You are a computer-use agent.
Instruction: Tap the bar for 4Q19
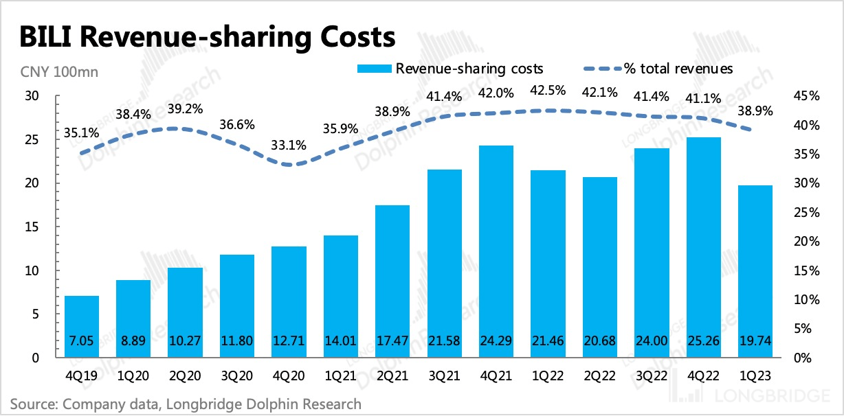click(82, 327)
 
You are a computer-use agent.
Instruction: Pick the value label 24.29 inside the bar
click(497, 341)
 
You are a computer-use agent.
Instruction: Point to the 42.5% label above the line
click(548, 91)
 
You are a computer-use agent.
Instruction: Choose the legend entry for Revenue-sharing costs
click(449, 69)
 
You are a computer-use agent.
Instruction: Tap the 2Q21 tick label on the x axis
click(392, 376)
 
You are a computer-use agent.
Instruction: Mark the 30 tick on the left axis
click(32, 97)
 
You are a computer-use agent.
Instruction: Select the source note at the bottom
click(185, 404)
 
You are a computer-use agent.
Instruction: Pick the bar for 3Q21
click(445, 264)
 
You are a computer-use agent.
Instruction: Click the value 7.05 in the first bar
click(82, 341)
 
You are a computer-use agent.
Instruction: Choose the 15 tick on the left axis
click(32, 227)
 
